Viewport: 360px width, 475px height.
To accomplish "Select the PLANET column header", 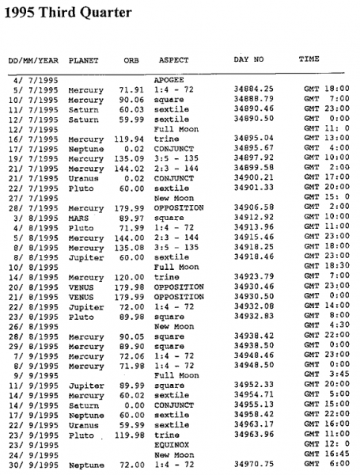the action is pyautogui.click(x=84, y=60).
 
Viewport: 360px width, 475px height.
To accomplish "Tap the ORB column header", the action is pyautogui.click(x=131, y=60).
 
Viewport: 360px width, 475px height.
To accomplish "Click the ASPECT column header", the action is pyautogui.click(x=173, y=60).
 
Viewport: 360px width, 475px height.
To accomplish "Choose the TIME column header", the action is pyautogui.click(x=309, y=59).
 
